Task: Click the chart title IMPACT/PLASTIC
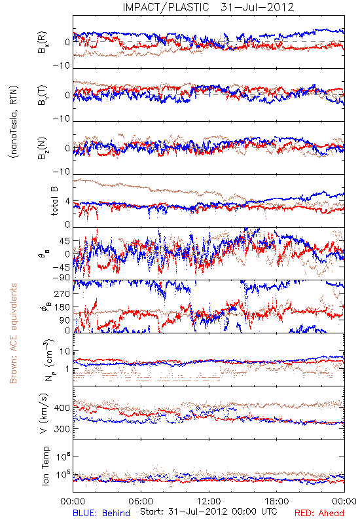coord(166,7)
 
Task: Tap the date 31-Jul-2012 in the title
coord(257,7)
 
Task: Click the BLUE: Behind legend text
coord(101,513)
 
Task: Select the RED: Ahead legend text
coord(319,513)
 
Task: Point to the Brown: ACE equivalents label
coord(13,333)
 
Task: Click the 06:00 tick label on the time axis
coord(141,501)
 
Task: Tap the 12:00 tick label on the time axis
coord(209,501)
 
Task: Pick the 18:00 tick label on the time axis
coord(277,501)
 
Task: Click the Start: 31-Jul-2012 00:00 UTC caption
coord(208,512)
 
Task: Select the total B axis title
coord(54,201)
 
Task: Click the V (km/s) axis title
coord(44,413)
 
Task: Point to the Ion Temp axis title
coord(45,466)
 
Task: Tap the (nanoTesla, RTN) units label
coord(14,122)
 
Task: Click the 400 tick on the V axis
coord(62,407)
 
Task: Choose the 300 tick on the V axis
coord(62,429)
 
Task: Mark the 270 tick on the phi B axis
coord(63,293)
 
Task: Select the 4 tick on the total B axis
coord(67,202)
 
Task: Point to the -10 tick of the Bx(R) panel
coord(61,65)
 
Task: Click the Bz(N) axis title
coord(43,148)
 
